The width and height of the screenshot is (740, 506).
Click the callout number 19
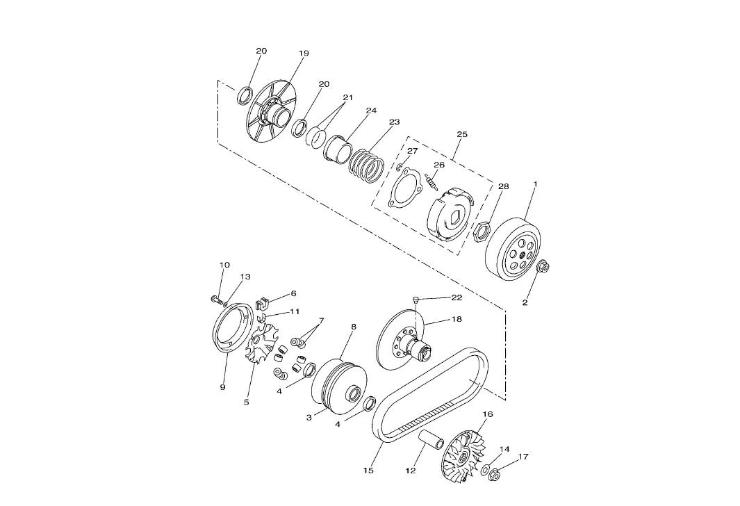click(x=304, y=54)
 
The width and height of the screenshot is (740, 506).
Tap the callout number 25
click(x=462, y=135)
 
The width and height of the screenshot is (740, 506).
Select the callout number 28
click(x=504, y=186)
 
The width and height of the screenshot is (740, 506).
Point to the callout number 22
click(x=457, y=297)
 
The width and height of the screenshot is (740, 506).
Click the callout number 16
click(x=488, y=414)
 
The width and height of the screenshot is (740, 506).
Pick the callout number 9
click(x=223, y=387)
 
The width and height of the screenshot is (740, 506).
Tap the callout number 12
click(x=411, y=470)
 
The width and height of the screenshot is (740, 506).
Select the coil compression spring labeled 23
click(x=367, y=167)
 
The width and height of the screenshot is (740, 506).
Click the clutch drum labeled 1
click(x=513, y=250)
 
